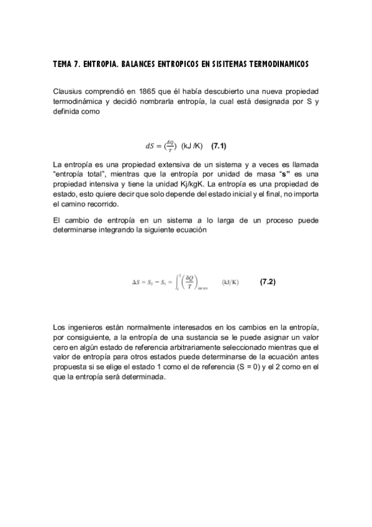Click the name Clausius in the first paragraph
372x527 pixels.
pyautogui.click(x=68, y=91)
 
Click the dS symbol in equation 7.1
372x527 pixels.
pyautogui.click(x=150, y=147)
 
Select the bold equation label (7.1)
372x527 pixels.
pyautogui.click(x=219, y=147)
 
